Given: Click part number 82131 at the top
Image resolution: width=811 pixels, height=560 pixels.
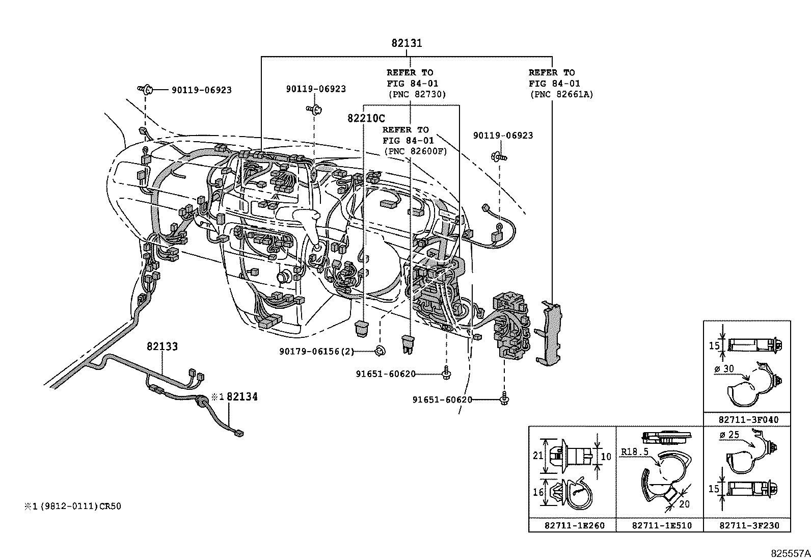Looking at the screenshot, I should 407,43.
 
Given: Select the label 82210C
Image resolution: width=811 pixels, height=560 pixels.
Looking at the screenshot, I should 366,118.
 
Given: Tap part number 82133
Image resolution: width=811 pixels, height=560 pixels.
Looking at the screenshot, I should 162,346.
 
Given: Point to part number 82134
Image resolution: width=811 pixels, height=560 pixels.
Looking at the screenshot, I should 242,396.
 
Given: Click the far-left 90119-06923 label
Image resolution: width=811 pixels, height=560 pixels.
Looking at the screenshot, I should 201,90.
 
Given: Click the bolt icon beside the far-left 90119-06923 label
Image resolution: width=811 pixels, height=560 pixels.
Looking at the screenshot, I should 146,90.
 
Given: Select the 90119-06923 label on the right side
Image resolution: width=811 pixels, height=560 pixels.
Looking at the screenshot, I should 502,136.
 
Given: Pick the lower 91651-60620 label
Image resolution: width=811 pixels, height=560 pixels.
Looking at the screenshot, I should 442,400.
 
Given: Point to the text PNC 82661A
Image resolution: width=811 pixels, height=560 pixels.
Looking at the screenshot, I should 561,94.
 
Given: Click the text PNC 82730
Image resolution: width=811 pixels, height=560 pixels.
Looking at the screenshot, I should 416,94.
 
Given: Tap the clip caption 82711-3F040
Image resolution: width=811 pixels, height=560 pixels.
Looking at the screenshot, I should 748,420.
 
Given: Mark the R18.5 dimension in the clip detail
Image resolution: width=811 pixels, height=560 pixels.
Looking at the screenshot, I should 635,451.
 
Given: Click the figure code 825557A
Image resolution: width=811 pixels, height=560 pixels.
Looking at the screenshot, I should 790,552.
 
